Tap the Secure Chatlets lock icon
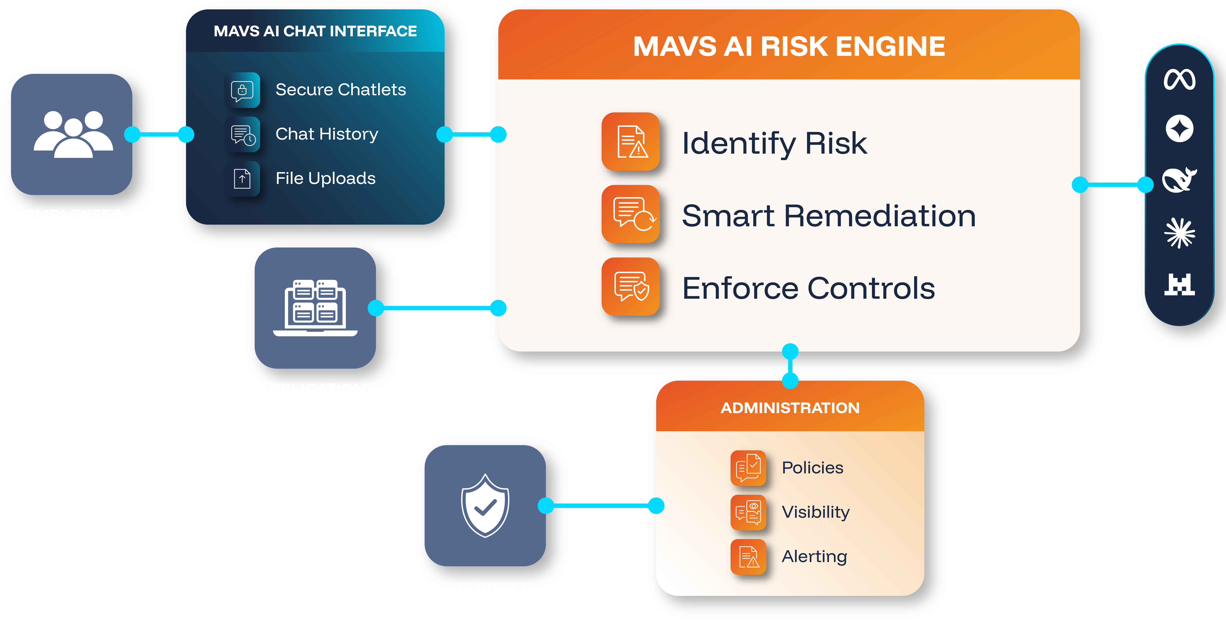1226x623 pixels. tap(242, 90)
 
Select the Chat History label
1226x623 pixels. tap(326, 134)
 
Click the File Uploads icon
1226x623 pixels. tap(242, 179)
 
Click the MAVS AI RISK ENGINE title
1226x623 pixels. tap(789, 47)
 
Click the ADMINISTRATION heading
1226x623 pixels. tap(790, 408)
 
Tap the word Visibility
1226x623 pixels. tap(815, 512)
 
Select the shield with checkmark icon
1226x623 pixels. tap(485, 505)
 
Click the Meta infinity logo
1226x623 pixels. tap(1179, 79)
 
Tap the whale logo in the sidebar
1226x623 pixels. tap(1179, 180)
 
